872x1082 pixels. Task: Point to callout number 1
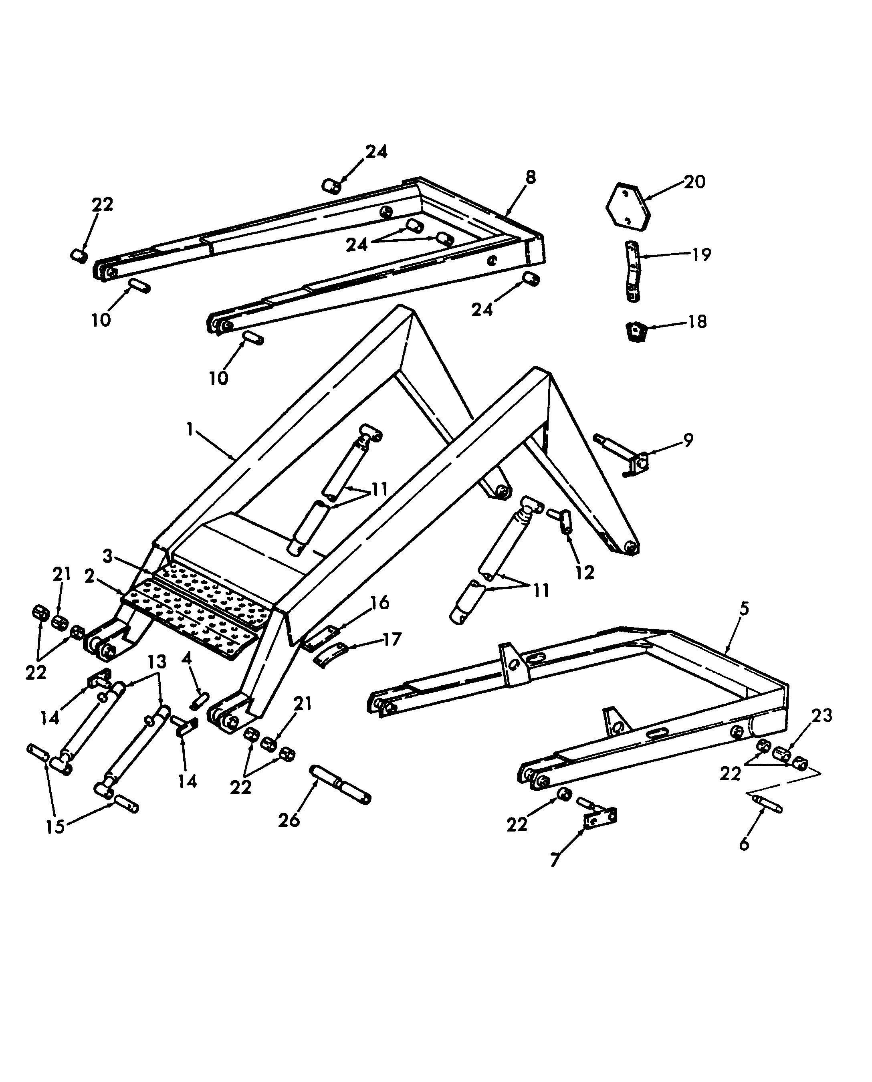point(190,430)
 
